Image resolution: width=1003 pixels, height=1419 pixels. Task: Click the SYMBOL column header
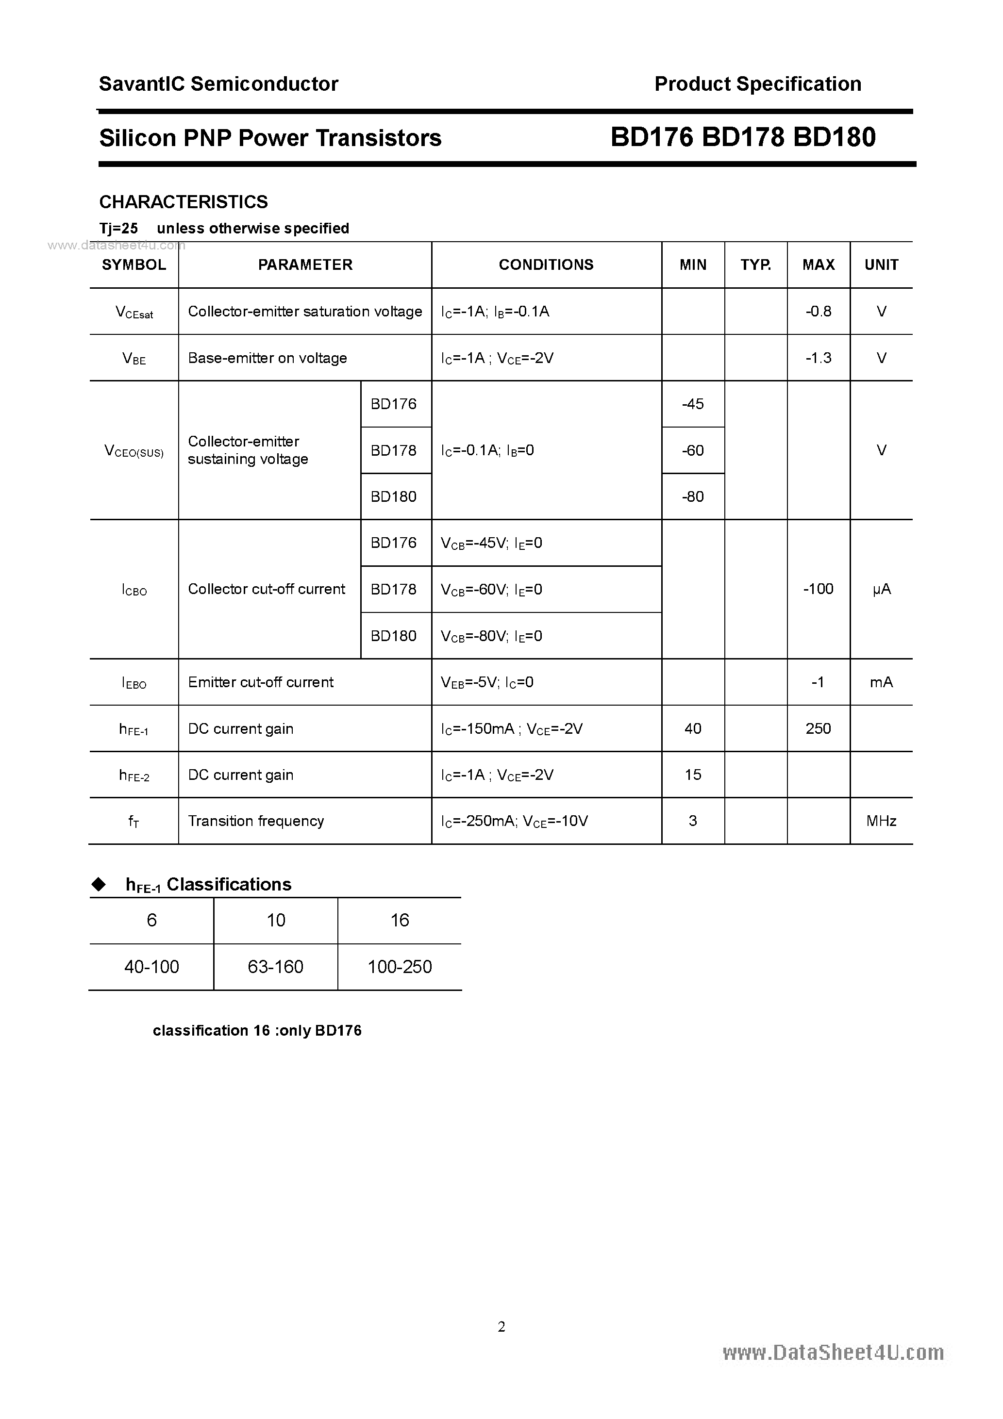pos(134,264)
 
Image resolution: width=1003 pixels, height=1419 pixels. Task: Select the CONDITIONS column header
pos(546,264)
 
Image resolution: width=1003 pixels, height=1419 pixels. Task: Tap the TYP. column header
pos(756,264)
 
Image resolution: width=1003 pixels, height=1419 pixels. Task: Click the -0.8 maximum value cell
pos(818,312)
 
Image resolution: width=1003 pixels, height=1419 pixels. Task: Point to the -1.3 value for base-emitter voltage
pos(818,358)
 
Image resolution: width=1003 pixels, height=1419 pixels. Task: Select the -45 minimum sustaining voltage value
pos(693,404)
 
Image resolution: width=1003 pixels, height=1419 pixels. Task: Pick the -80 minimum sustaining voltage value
pos(693,497)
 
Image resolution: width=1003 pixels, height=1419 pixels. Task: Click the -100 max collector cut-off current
pos(818,589)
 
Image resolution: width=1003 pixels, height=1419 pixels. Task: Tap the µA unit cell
pos(881,590)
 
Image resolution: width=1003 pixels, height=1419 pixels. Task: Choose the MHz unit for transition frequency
pos(881,821)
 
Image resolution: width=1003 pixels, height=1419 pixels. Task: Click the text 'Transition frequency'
pos(256,821)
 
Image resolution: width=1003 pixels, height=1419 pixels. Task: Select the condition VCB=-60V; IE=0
pos(492,590)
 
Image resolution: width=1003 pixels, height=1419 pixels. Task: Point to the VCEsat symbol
pos(134,312)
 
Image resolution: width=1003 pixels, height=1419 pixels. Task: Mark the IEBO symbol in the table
pos(134,683)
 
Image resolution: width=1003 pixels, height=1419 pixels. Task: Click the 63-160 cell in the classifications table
pos(276,967)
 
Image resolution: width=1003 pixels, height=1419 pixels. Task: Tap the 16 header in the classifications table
pos(400,920)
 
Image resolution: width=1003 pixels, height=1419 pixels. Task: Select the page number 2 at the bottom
pos(501,1326)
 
